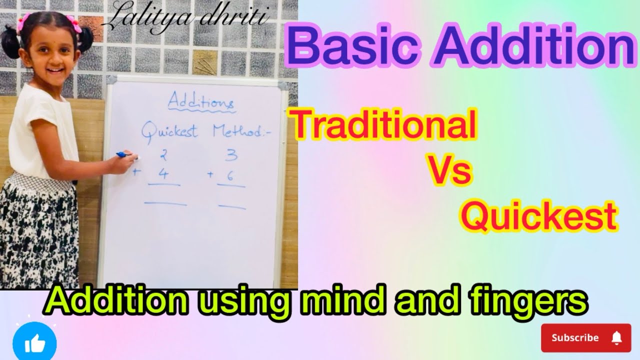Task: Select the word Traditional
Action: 384,126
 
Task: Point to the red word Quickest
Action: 537,217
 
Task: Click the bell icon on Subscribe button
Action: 616,337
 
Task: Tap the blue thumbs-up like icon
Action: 34,343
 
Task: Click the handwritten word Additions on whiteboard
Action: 200,102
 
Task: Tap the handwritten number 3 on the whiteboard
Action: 231,155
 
